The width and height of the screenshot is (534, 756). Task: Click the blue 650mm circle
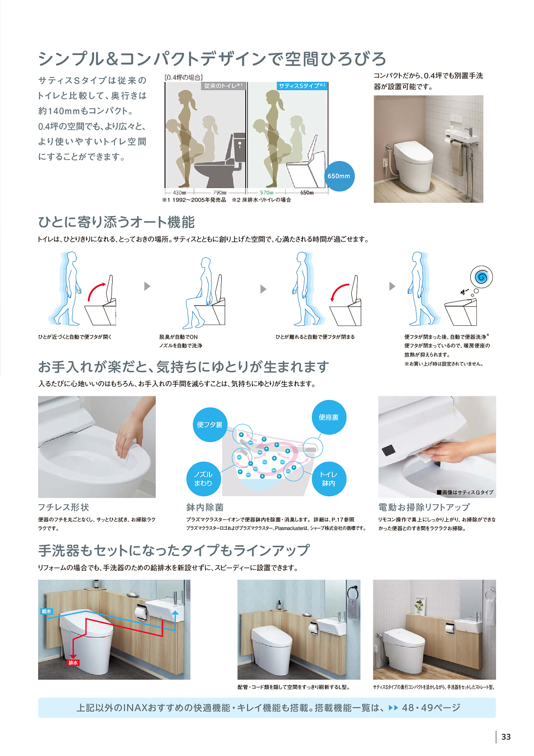point(339,176)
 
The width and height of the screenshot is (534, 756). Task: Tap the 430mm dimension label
point(179,193)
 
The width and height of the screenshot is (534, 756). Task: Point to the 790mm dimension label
point(219,193)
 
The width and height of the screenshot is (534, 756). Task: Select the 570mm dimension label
point(266,193)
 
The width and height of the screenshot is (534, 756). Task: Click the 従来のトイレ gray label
point(224,86)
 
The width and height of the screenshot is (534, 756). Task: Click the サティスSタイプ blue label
point(302,86)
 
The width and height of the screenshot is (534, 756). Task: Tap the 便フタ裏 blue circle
point(209,425)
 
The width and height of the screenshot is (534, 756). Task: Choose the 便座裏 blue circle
point(329,417)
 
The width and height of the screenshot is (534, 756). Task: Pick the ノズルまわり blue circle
point(203,479)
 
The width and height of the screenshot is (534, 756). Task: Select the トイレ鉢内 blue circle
point(329,479)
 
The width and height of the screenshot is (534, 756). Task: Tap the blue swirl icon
point(482,277)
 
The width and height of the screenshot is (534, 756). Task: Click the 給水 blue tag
point(46,611)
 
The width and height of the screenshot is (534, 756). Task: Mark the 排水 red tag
point(73,662)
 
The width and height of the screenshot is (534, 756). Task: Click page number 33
point(506,737)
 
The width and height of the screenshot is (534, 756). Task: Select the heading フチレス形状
point(64,507)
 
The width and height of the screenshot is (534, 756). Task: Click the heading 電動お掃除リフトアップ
point(424,507)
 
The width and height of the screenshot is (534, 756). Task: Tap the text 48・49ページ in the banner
point(431,707)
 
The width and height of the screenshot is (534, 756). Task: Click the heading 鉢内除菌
point(205,507)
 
